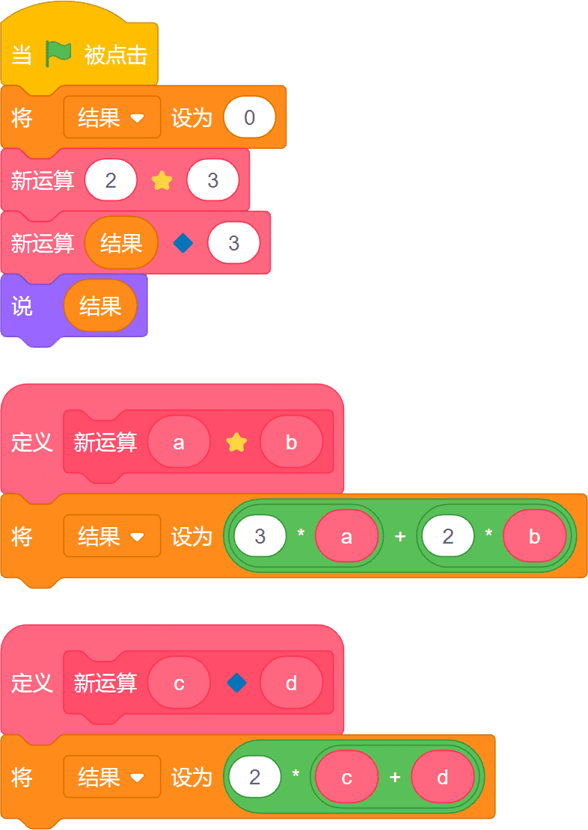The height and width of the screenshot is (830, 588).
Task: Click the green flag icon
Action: point(58,54)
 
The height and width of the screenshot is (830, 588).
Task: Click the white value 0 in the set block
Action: point(250,117)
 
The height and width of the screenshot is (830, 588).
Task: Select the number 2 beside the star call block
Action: point(111,180)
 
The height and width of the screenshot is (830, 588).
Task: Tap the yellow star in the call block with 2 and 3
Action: point(162,180)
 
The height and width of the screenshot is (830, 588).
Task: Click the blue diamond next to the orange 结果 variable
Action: point(183,244)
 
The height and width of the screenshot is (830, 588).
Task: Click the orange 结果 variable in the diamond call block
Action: point(121,244)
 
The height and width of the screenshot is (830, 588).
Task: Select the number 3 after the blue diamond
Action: point(233,244)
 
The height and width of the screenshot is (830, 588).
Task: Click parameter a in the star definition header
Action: point(179,443)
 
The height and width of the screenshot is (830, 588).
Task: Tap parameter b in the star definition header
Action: point(291,443)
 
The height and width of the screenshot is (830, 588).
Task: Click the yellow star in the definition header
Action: point(236,443)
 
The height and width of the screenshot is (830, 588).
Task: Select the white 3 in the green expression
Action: point(260,537)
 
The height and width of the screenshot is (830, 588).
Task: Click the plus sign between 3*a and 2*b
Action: point(400,537)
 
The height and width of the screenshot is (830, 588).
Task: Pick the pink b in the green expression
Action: point(534,537)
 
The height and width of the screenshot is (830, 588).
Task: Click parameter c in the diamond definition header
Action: point(179,683)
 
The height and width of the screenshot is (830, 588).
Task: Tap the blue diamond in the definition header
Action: point(236,683)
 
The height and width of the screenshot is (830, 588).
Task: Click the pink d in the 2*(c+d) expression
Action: point(443,778)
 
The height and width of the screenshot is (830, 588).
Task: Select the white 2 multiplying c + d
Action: point(255,778)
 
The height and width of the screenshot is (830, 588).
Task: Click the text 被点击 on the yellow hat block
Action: point(115,55)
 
